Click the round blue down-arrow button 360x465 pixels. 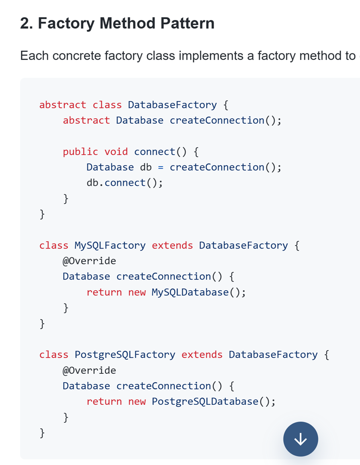click(301, 439)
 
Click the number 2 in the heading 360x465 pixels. click(25, 23)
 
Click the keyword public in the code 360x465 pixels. click(80, 152)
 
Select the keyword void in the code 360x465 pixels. click(116, 152)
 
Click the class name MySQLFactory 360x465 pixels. click(110, 245)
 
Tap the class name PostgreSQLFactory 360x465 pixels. click(125, 355)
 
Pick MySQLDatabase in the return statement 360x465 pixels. click(190, 292)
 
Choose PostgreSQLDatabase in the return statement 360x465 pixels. click(205, 402)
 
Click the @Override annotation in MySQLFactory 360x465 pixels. click(89, 261)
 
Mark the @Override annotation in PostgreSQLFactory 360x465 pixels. click(89, 370)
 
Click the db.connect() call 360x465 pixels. click(125, 183)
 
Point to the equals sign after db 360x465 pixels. click(161, 167)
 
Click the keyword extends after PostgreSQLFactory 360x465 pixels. click(202, 355)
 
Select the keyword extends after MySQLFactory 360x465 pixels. click(172, 245)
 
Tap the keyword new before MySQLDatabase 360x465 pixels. click(137, 293)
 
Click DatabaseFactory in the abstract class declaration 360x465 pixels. click(172, 105)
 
